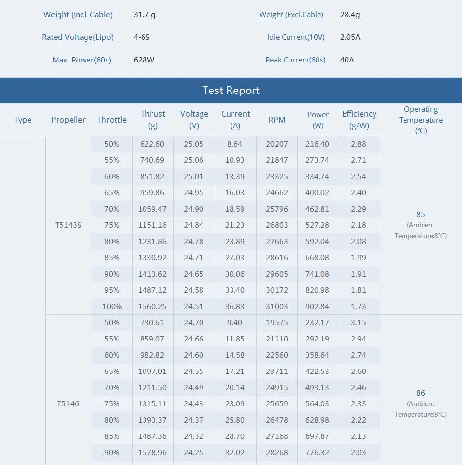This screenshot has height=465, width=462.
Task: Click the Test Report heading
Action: [231, 91]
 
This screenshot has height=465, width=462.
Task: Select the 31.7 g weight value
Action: [144, 15]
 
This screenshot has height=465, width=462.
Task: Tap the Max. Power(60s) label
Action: [82, 60]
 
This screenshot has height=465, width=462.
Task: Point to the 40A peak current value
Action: [347, 60]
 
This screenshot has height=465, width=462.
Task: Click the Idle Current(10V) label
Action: [296, 37]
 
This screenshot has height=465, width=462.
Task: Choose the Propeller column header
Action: [68, 120]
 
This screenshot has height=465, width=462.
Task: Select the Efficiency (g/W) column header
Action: [359, 120]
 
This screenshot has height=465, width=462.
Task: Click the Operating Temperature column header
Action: [421, 120]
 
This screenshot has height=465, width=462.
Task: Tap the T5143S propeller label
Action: [68, 225]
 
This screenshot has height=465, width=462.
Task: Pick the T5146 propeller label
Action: [68, 404]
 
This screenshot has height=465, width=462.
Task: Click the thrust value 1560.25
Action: [153, 307]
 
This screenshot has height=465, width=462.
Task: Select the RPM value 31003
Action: [277, 307]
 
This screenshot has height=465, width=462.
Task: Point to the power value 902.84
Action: [318, 307]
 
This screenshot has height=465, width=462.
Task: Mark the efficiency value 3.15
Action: [359, 323]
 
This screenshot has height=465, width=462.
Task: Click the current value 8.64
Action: [235, 144]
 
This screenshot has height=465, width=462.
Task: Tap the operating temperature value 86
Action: [421, 393]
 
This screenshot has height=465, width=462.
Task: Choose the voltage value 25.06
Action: [194, 160]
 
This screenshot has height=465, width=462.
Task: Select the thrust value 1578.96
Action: [153, 453]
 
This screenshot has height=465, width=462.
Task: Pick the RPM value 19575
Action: [277, 323]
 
